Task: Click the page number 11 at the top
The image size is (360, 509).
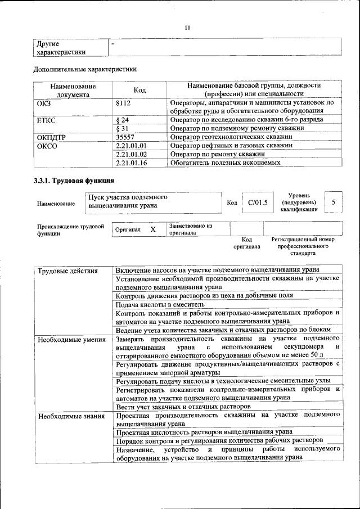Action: (x=187, y=27)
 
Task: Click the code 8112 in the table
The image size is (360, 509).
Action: (x=123, y=103)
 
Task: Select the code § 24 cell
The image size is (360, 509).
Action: (x=122, y=120)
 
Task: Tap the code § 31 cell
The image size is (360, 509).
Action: (x=122, y=128)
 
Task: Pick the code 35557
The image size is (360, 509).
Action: (x=125, y=137)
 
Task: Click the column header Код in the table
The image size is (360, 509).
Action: (x=139, y=90)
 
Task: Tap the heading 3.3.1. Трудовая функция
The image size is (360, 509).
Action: (x=74, y=181)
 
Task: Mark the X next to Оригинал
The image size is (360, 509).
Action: (x=153, y=229)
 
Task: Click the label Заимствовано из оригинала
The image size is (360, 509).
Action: (x=190, y=229)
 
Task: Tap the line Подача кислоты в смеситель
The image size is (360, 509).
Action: (x=160, y=304)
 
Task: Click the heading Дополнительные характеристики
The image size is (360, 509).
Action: (x=85, y=69)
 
